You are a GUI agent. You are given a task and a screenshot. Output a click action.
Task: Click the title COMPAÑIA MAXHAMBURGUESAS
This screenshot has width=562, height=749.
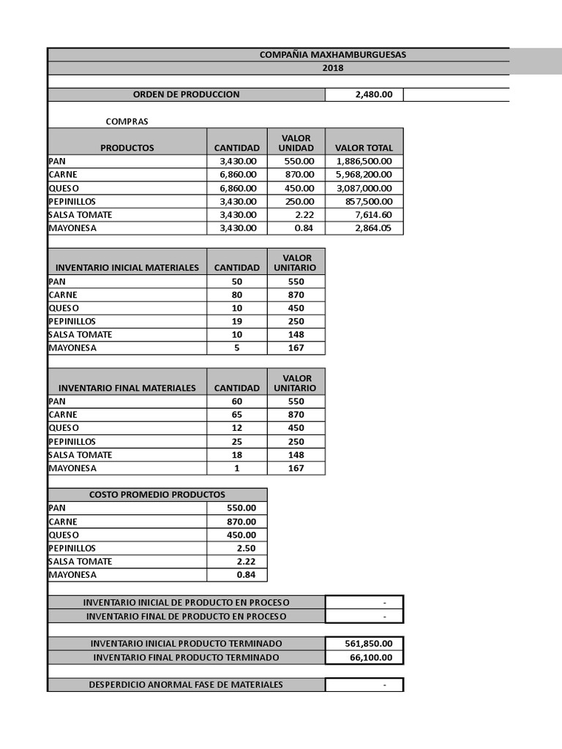tap(333, 55)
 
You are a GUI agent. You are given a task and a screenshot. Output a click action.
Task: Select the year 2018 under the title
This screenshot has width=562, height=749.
tap(333, 68)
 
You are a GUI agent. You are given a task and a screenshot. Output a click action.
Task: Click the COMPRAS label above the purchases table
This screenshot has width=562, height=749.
tap(127, 121)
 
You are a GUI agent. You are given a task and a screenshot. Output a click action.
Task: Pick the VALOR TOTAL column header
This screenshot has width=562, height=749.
tap(364, 148)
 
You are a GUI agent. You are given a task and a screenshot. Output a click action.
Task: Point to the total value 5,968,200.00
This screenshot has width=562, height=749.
tap(364, 175)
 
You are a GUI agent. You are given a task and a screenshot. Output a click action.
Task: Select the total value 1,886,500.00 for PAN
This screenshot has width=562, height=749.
tap(364, 161)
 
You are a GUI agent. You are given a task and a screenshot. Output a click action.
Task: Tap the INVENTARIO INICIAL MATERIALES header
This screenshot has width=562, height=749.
tap(127, 268)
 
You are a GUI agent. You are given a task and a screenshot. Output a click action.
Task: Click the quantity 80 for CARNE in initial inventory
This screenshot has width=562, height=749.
tap(236, 295)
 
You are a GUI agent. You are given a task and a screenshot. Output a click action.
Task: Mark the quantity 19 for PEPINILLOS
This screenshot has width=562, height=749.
tap(236, 321)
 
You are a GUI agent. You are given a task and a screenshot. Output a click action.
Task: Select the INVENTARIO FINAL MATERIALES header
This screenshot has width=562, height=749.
tap(127, 388)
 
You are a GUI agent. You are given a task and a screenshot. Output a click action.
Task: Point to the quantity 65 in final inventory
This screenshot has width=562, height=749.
tap(236, 415)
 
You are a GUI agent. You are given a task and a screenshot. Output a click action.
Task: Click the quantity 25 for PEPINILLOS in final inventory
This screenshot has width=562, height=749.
tap(236, 442)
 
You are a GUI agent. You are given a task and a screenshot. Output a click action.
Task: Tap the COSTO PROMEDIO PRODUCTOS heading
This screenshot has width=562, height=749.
tap(157, 494)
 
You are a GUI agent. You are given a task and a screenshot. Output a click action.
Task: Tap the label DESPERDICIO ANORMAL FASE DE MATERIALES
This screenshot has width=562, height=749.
tap(186, 685)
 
